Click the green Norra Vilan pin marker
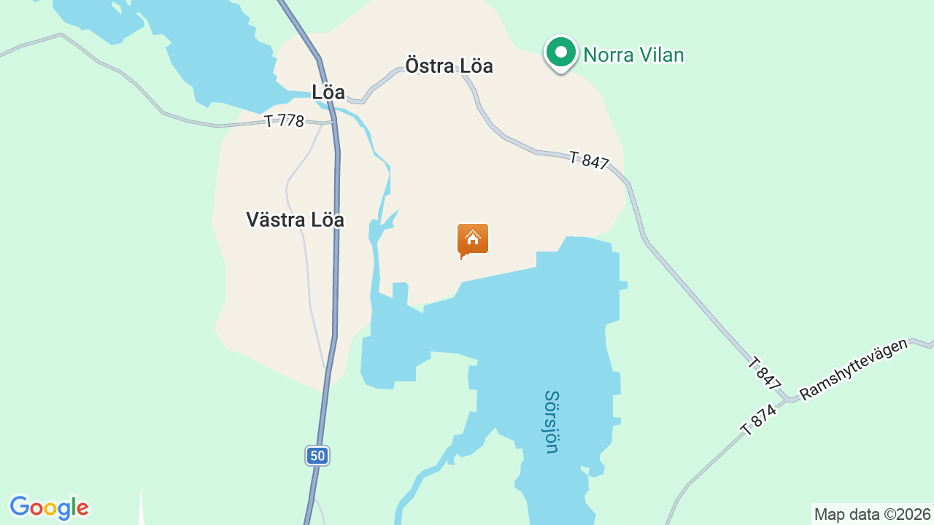pos(560,53)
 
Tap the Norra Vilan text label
pos(633,55)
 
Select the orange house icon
pos(472,240)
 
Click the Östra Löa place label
pos(449,66)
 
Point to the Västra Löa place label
pos(295,219)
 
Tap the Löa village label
pos(328,93)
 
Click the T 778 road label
pos(284,120)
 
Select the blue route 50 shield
pos(317,456)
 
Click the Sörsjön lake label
pos(552,421)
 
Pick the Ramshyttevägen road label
pos(854,369)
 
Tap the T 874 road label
pos(759,420)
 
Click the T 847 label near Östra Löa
pos(589,160)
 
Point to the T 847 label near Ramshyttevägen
pos(765,373)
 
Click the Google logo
pos(49,507)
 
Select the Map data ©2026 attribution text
pos(872,514)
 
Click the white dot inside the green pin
pos(560,52)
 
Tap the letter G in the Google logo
pos(20,507)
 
